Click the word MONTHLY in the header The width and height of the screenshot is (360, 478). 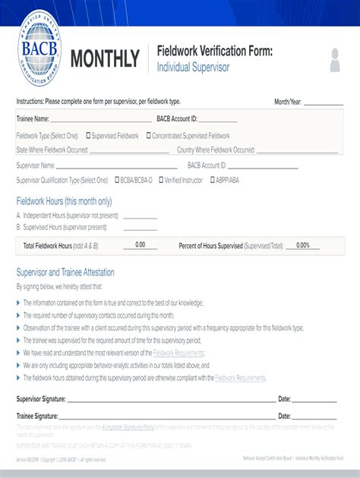105,59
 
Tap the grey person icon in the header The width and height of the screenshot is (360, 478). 335,60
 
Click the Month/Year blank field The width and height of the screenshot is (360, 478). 324,102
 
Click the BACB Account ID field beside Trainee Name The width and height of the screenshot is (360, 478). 219,119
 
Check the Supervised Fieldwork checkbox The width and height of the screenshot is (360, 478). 89,136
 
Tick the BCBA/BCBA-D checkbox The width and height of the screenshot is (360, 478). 118,181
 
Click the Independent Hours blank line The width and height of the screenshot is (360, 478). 140,216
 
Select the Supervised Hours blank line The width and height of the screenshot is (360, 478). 140,227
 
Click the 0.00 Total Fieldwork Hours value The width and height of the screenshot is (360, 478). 141,245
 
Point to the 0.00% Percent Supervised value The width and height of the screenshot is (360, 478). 303,245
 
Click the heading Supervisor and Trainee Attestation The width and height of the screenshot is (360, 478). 65,272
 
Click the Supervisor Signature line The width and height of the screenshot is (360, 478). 170,399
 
